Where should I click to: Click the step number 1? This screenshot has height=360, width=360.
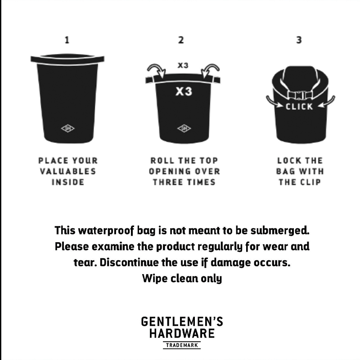coord(67,40)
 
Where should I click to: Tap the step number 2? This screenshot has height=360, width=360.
coord(181,40)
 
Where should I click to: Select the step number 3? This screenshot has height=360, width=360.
coord(299,40)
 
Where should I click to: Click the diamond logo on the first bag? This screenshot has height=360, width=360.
coord(68,128)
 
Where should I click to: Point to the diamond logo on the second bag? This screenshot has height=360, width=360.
coord(184,128)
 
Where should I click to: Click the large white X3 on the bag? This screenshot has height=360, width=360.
coord(184,91)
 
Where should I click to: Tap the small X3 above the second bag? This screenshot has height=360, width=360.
coord(183,65)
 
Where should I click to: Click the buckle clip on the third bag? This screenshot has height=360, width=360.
coord(299,95)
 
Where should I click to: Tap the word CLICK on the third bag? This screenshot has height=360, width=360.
coord(299,107)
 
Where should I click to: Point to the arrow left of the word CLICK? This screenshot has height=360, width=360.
coord(274,103)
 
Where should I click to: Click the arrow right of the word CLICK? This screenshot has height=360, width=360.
coord(326,103)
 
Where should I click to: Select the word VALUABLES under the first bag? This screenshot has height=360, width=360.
coord(68,171)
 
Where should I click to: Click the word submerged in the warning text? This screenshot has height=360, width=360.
coord(280,231)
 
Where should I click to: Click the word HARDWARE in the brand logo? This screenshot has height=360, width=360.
coord(182,333)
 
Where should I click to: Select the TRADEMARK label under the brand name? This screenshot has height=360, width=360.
coord(182,345)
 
